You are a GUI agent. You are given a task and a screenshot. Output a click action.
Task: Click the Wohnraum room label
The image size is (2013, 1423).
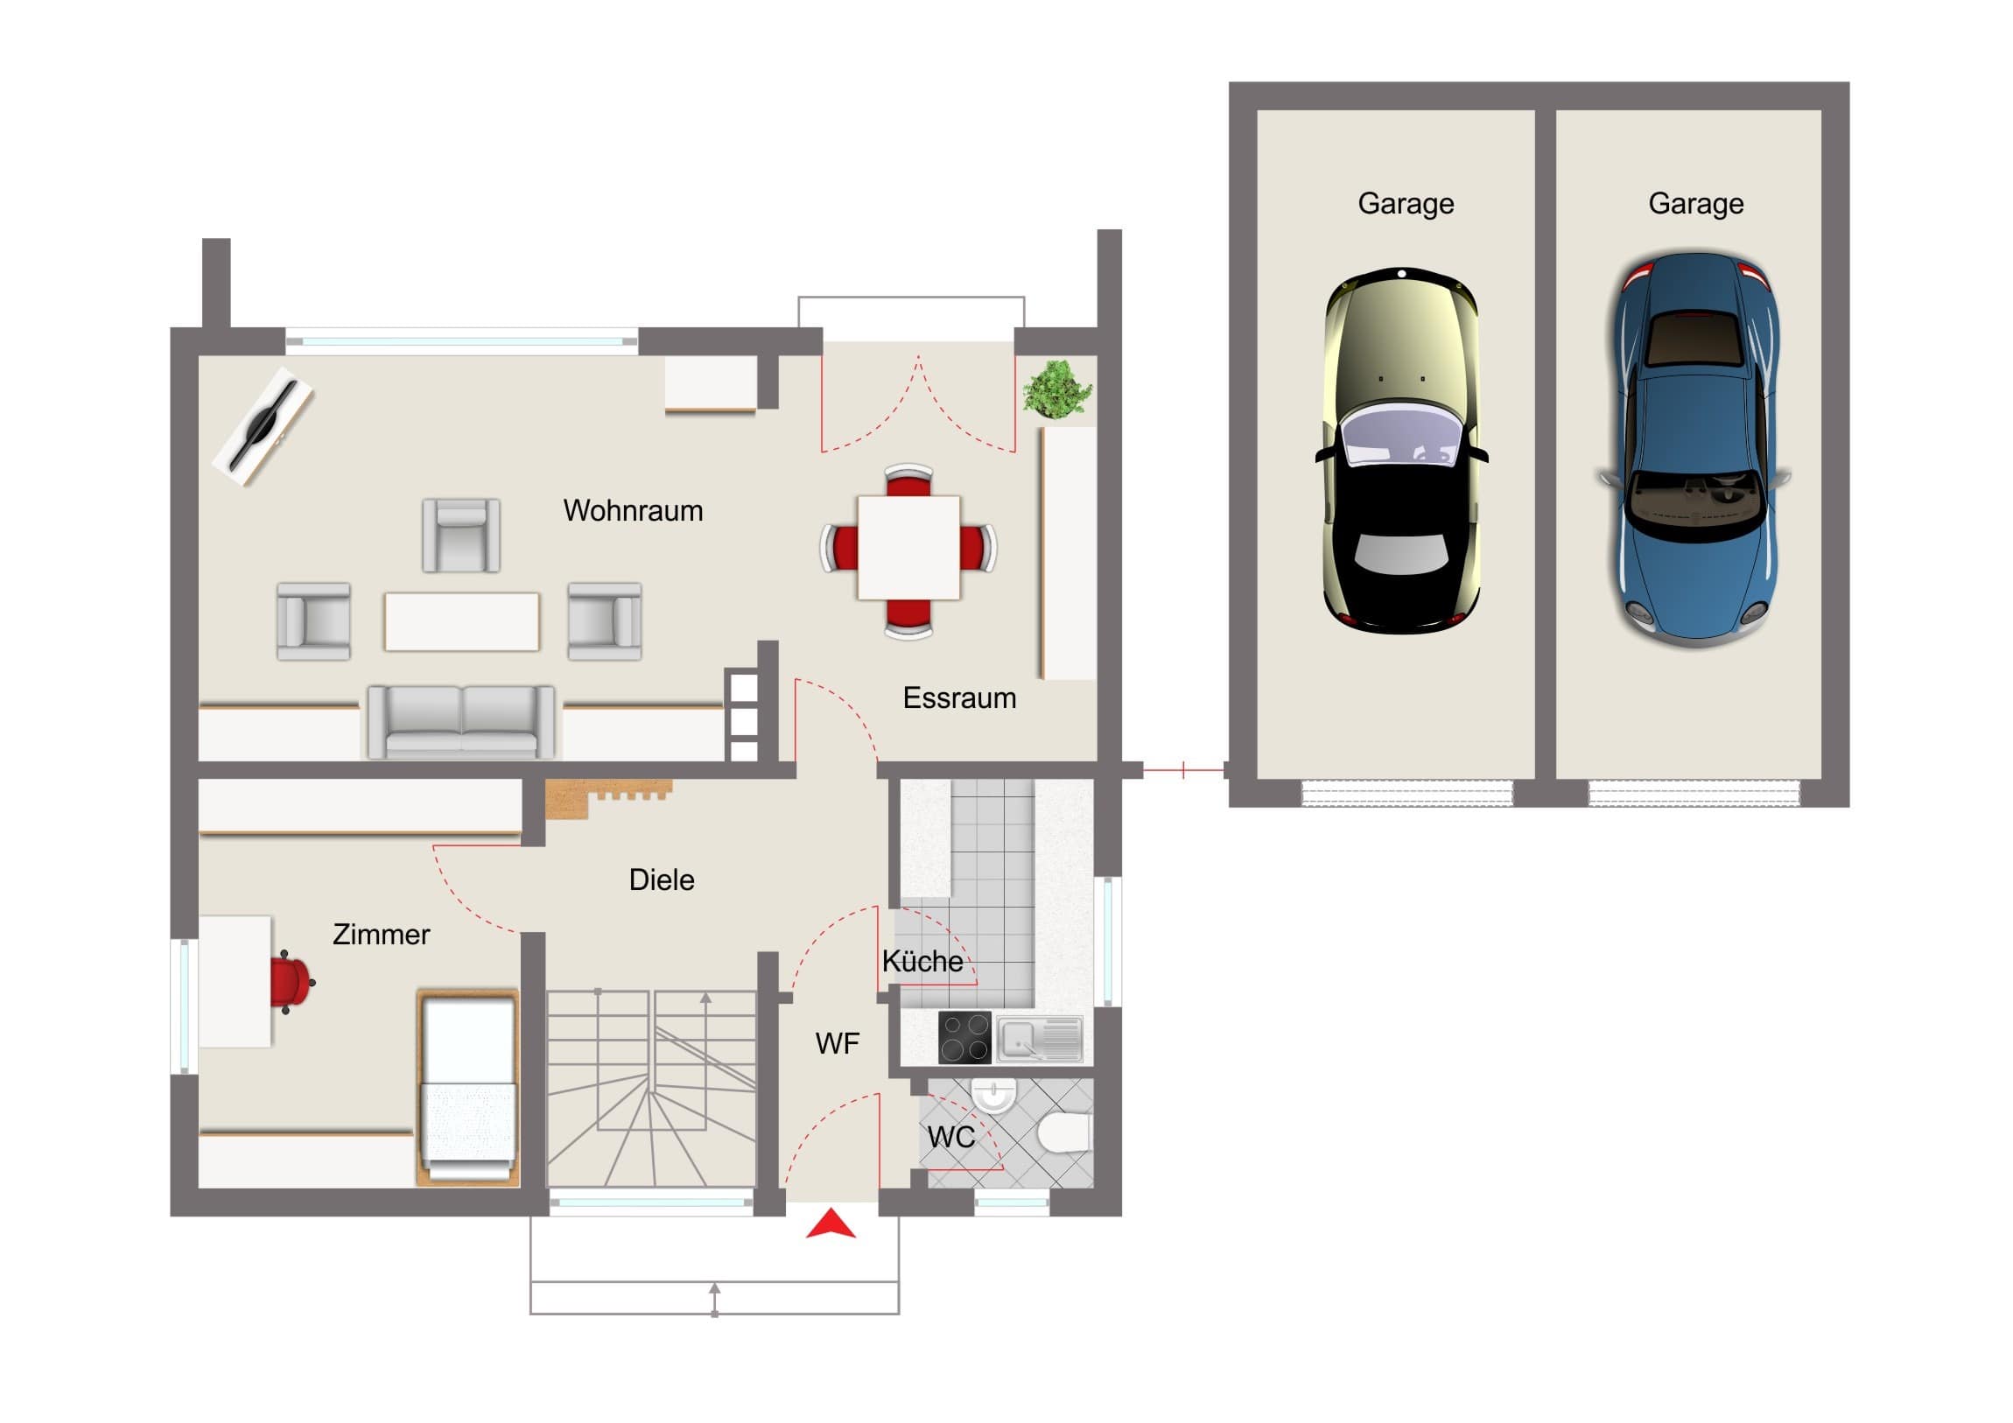(633, 510)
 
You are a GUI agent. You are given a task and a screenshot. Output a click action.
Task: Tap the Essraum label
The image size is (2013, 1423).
(959, 697)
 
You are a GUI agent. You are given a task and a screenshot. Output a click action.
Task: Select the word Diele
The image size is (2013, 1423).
(661, 880)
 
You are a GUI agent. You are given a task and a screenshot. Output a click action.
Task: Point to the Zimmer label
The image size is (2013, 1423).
(381, 935)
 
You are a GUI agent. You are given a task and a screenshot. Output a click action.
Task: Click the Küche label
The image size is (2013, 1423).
(922, 961)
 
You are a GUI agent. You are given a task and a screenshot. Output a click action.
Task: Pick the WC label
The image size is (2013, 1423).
(950, 1137)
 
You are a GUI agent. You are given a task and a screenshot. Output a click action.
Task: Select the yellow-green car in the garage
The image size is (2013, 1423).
(1401, 450)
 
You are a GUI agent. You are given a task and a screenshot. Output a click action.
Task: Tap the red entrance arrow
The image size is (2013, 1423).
(831, 1224)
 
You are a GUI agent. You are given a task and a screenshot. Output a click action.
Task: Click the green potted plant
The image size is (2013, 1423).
(1058, 388)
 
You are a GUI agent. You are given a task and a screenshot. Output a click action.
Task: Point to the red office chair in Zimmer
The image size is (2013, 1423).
(292, 982)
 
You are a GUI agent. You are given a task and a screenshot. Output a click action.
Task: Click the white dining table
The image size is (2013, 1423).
(908, 548)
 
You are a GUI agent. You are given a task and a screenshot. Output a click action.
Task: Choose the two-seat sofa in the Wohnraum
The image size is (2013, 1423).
(461, 722)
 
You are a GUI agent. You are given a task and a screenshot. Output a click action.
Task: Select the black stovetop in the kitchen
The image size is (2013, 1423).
(964, 1038)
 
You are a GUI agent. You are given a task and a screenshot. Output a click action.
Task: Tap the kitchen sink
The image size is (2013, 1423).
(1040, 1039)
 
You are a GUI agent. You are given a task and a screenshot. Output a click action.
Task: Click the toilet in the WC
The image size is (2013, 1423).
(1064, 1132)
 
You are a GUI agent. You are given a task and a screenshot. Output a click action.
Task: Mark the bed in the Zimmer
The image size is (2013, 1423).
(468, 1088)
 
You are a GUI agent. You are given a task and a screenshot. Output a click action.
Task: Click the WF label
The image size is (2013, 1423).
(837, 1043)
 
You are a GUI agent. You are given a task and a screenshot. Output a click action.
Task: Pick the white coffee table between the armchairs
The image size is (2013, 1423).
(461, 621)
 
